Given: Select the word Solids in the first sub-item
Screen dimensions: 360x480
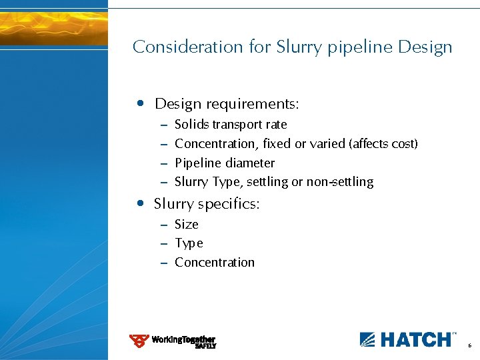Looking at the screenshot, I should pos(191,125).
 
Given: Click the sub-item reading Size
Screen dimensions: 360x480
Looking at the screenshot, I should pos(187,225).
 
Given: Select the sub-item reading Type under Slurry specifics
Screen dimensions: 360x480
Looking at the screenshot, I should pos(189,244).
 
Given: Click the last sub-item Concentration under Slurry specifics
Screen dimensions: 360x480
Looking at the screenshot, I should pos(214,263).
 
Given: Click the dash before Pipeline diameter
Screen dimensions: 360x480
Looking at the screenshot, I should pos(164,163).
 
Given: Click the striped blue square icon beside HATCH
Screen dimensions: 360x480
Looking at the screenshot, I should pos(368,339).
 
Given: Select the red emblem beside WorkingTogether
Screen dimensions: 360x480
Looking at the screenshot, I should pos(139,341).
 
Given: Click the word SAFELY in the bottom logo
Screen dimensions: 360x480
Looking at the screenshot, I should pos(205,347).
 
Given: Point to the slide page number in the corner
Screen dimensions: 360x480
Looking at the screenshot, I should pos(469,346).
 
